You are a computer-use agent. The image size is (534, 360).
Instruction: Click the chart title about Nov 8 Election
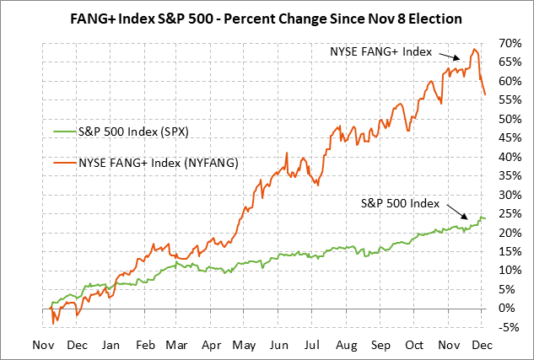(x=267, y=16)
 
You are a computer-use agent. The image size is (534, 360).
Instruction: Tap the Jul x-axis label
(x=312, y=345)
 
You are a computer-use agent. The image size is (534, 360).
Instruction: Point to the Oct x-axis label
(x=413, y=345)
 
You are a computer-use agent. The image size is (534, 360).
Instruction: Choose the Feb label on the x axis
(x=145, y=345)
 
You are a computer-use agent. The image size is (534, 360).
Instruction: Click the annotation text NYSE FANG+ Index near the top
(x=382, y=51)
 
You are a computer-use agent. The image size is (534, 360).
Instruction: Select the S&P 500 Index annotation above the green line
(x=400, y=203)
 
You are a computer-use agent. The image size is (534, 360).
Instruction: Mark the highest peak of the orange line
(x=476, y=49)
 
